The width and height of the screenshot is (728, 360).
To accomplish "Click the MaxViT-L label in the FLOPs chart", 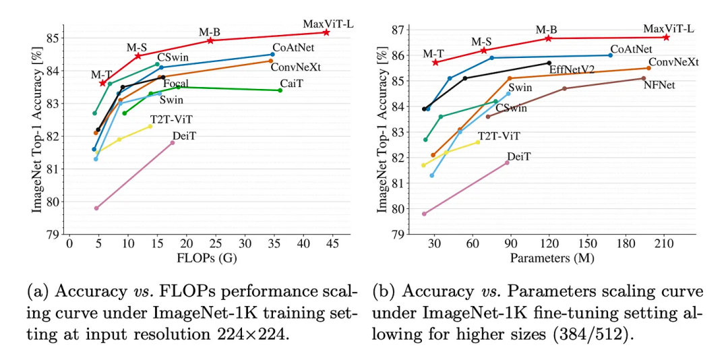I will click(328, 24).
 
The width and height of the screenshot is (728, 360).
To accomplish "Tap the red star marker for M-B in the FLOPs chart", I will click(210, 40).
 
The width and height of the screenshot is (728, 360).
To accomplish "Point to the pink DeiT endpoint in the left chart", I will click(173, 143).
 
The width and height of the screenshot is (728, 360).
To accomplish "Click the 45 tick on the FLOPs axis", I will click(330, 244).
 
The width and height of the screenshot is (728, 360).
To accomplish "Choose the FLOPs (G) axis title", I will click(199, 258).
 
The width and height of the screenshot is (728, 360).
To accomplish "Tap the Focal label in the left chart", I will click(176, 84).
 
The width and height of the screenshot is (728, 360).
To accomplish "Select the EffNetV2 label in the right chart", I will click(572, 69).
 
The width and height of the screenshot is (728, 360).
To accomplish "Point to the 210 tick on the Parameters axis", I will click(665, 244).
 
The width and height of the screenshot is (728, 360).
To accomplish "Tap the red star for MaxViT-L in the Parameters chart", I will click(667, 37).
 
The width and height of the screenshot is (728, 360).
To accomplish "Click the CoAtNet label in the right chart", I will click(631, 49).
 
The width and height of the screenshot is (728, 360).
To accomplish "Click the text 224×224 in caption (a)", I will click(259, 334).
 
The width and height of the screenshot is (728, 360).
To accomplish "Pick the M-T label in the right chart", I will click(433, 53).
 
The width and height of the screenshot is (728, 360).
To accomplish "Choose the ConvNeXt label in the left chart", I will click(295, 67).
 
